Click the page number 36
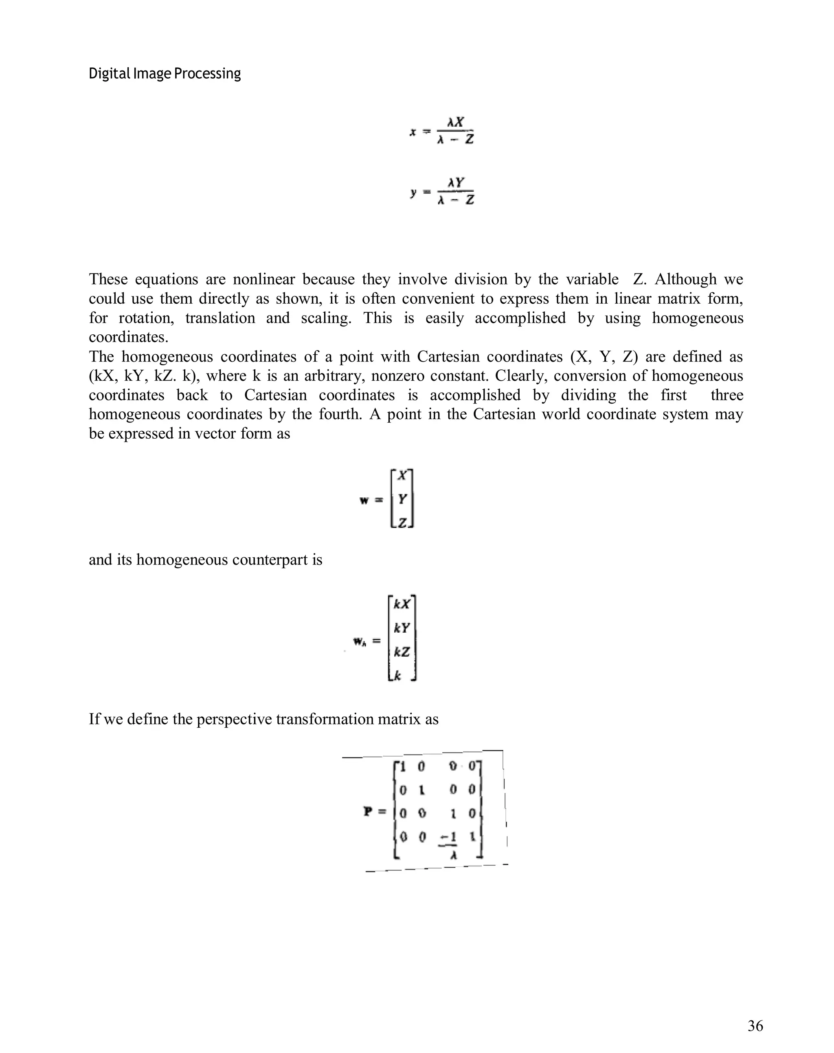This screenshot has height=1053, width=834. [x=755, y=1026]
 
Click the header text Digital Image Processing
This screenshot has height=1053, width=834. [x=165, y=74]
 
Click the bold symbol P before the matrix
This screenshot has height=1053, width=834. [x=369, y=811]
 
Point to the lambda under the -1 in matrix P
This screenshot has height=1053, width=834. [x=453, y=854]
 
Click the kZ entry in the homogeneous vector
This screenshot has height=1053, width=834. [x=402, y=652]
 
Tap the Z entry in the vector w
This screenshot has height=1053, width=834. [x=402, y=523]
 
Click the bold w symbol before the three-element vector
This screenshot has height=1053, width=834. [x=364, y=500]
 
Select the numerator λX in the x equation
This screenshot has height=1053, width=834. [x=456, y=121]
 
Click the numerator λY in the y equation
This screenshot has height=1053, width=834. [x=456, y=183]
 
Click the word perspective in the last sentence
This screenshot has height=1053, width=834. [x=234, y=720]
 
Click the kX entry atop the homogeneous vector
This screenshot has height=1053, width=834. [x=402, y=604]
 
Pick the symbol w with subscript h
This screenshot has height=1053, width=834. [x=360, y=642]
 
